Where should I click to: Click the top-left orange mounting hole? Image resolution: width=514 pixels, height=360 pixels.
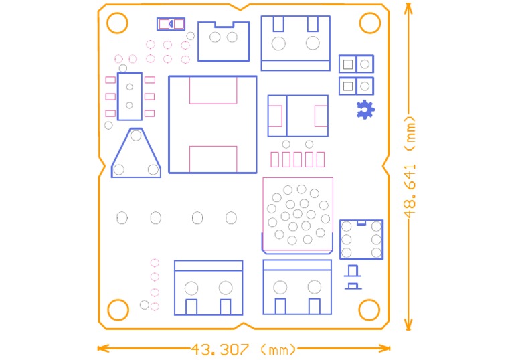point(117,23)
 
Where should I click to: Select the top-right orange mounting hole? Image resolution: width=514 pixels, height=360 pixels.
point(369,23)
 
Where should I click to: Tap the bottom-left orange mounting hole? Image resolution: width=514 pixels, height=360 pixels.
point(118,310)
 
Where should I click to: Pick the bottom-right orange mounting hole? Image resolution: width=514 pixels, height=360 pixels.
point(369,310)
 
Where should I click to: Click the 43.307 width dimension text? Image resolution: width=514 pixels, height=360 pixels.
point(220,349)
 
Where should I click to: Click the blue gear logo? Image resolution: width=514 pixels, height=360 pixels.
point(365,110)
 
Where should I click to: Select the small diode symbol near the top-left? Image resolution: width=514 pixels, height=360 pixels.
point(171,24)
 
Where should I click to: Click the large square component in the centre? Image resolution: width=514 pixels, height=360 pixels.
point(212,124)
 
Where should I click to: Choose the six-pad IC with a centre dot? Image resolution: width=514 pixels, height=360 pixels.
point(130,96)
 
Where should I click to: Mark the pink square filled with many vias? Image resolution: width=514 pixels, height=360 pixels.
point(298,214)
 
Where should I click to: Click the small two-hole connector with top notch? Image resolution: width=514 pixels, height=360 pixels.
point(224,40)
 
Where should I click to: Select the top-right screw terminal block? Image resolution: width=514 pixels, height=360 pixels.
point(295,43)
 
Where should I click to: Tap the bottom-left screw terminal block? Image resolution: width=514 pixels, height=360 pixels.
point(208,288)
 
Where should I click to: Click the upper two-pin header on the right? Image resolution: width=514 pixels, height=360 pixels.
point(356,64)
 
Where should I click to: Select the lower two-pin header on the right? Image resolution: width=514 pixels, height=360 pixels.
point(356,86)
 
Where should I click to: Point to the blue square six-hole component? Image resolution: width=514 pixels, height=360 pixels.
point(361,239)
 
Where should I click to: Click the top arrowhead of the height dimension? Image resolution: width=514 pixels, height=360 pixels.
point(408,5)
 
